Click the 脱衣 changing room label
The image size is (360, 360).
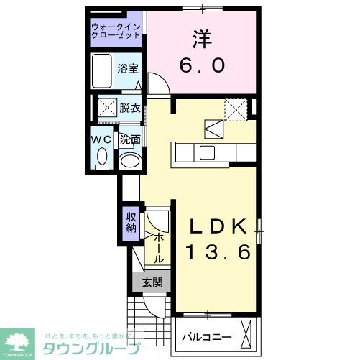[129, 109]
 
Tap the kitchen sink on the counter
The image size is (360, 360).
[206, 152]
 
